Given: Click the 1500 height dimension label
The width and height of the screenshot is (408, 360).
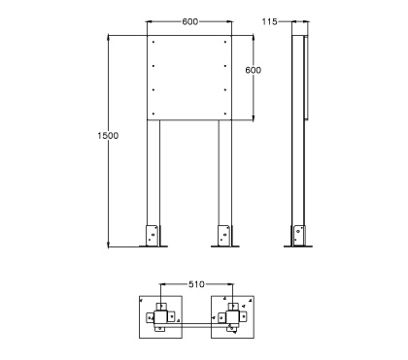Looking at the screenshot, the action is (108, 136).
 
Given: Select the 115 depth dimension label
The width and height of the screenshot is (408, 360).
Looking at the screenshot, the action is (269, 21).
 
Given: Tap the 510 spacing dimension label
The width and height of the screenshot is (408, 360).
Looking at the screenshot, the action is (196, 284).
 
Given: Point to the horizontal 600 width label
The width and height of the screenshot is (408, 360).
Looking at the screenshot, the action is (190, 21).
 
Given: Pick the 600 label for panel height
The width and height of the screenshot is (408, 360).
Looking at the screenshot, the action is (253, 70).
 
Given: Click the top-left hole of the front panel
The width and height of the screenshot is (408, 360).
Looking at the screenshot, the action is (153, 42).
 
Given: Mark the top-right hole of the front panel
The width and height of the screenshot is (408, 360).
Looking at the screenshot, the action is (225, 42).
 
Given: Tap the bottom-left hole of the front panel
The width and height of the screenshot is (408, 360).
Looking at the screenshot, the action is (153, 114).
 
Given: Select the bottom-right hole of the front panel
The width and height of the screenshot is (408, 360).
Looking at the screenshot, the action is (225, 114).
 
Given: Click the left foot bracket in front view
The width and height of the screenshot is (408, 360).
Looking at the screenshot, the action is (153, 236).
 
